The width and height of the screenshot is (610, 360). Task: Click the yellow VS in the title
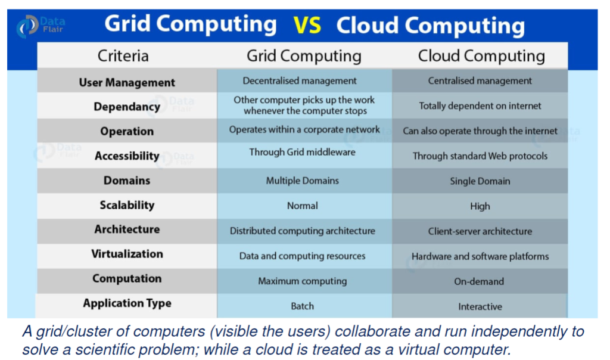coord(307,26)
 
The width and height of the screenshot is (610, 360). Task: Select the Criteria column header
coord(123,56)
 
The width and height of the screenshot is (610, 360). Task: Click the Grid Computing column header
coord(304,56)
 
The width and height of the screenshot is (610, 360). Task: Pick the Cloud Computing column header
coord(481,56)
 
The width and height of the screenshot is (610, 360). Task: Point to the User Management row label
coord(127,82)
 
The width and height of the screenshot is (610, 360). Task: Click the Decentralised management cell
coord(300,80)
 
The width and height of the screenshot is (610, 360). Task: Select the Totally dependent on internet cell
coord(480,106)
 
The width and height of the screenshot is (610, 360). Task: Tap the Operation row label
coord(127,132)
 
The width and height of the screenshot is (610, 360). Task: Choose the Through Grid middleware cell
coord(302,152)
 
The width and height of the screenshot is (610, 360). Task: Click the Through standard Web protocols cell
coord(480,156)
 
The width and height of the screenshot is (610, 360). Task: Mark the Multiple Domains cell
coord(302,181)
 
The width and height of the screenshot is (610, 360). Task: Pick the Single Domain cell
coord(480,181)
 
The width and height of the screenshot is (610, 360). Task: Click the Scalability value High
coord(480,206)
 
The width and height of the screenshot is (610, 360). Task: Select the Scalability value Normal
coord(302,206)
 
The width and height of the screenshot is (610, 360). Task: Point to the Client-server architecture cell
coord(480,231)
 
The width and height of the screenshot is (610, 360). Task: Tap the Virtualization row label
coord(127,254)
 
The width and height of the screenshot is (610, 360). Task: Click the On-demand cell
coord(479,281)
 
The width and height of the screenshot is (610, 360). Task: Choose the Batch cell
coord(302,306)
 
